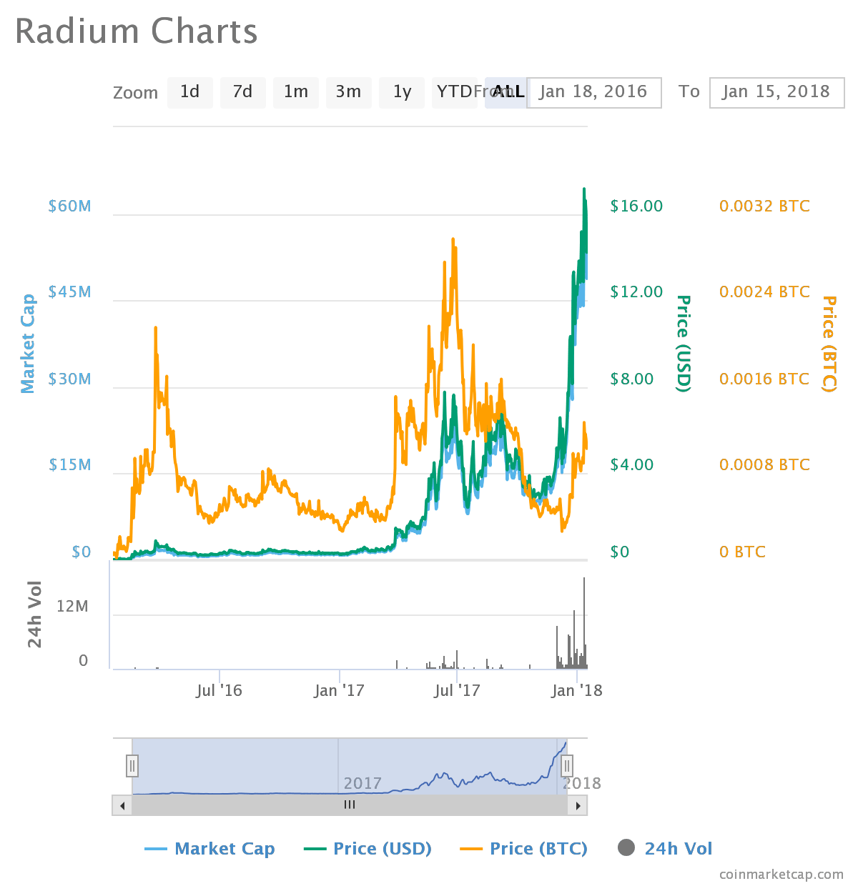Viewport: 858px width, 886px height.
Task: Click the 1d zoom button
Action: pyautogui.click(x=189, y=92)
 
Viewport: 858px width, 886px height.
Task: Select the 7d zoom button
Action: pyautogui.click(x=242, y=92)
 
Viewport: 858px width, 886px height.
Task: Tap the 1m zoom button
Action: pyautogui.click(x=295, y=92)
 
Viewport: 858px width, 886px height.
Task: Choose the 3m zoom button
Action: pyautogui.click(x=348, y=92)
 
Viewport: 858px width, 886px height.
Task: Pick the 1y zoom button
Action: pyautogui.click(x=402, y=92)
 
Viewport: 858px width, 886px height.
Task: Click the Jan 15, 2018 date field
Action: pyautogui.click(x=776, y=92)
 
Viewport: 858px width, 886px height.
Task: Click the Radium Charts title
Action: pyautogui.click(x=136, y=32)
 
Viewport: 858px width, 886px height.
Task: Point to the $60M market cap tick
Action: pyautogui.click(x=69, y=206)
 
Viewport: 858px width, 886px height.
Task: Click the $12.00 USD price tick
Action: pyautogui.click(x=636, y=292)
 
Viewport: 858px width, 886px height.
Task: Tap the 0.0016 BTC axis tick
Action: pyautogui.click(x=764, y=379)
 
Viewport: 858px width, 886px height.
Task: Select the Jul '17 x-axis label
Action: pyautogui.click(x=457, y=690)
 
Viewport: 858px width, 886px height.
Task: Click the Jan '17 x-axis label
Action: pyautogui.click(x=339, y=690)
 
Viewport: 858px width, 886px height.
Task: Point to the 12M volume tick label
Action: pyautogui.click(x=72, y=607)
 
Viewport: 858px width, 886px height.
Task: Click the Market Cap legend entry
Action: pyautogui.click(x=209, y=849)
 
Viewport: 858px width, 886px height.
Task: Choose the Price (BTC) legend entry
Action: pyautogui.click(x=523, y=849)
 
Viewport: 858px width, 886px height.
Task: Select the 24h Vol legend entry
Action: pyautogui.click(x=665, y=849)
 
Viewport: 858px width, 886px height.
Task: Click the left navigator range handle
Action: pyautogui.click(x=132, y=766)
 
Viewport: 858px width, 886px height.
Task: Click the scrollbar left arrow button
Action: pyautogui.click(x=122, y=806)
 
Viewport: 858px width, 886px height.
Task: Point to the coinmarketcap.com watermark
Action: pyautogui.click(x=781, y=875)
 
